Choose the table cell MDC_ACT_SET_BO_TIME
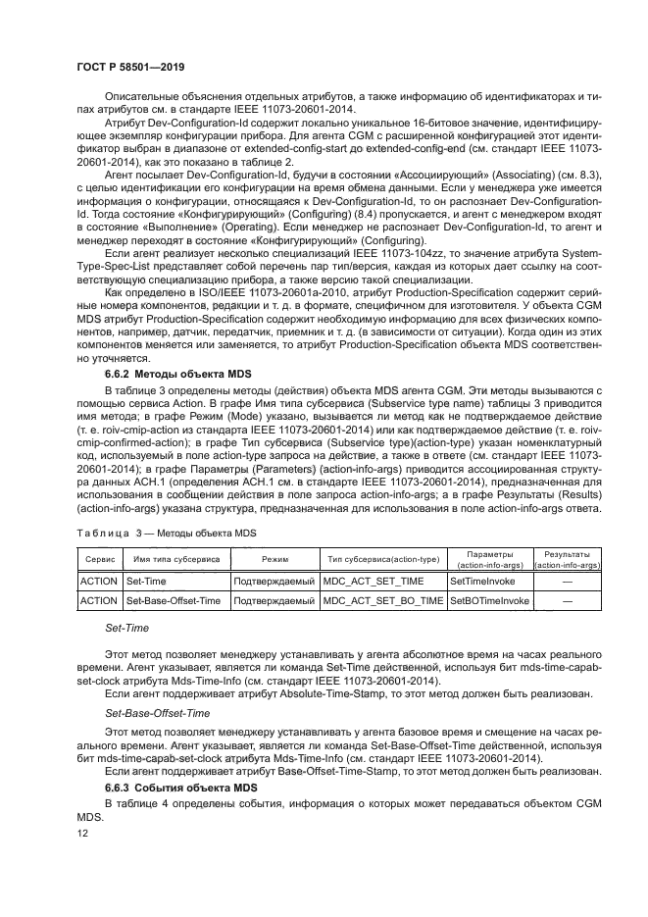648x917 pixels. click(382, 600)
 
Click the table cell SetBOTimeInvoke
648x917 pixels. click(489, 600)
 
